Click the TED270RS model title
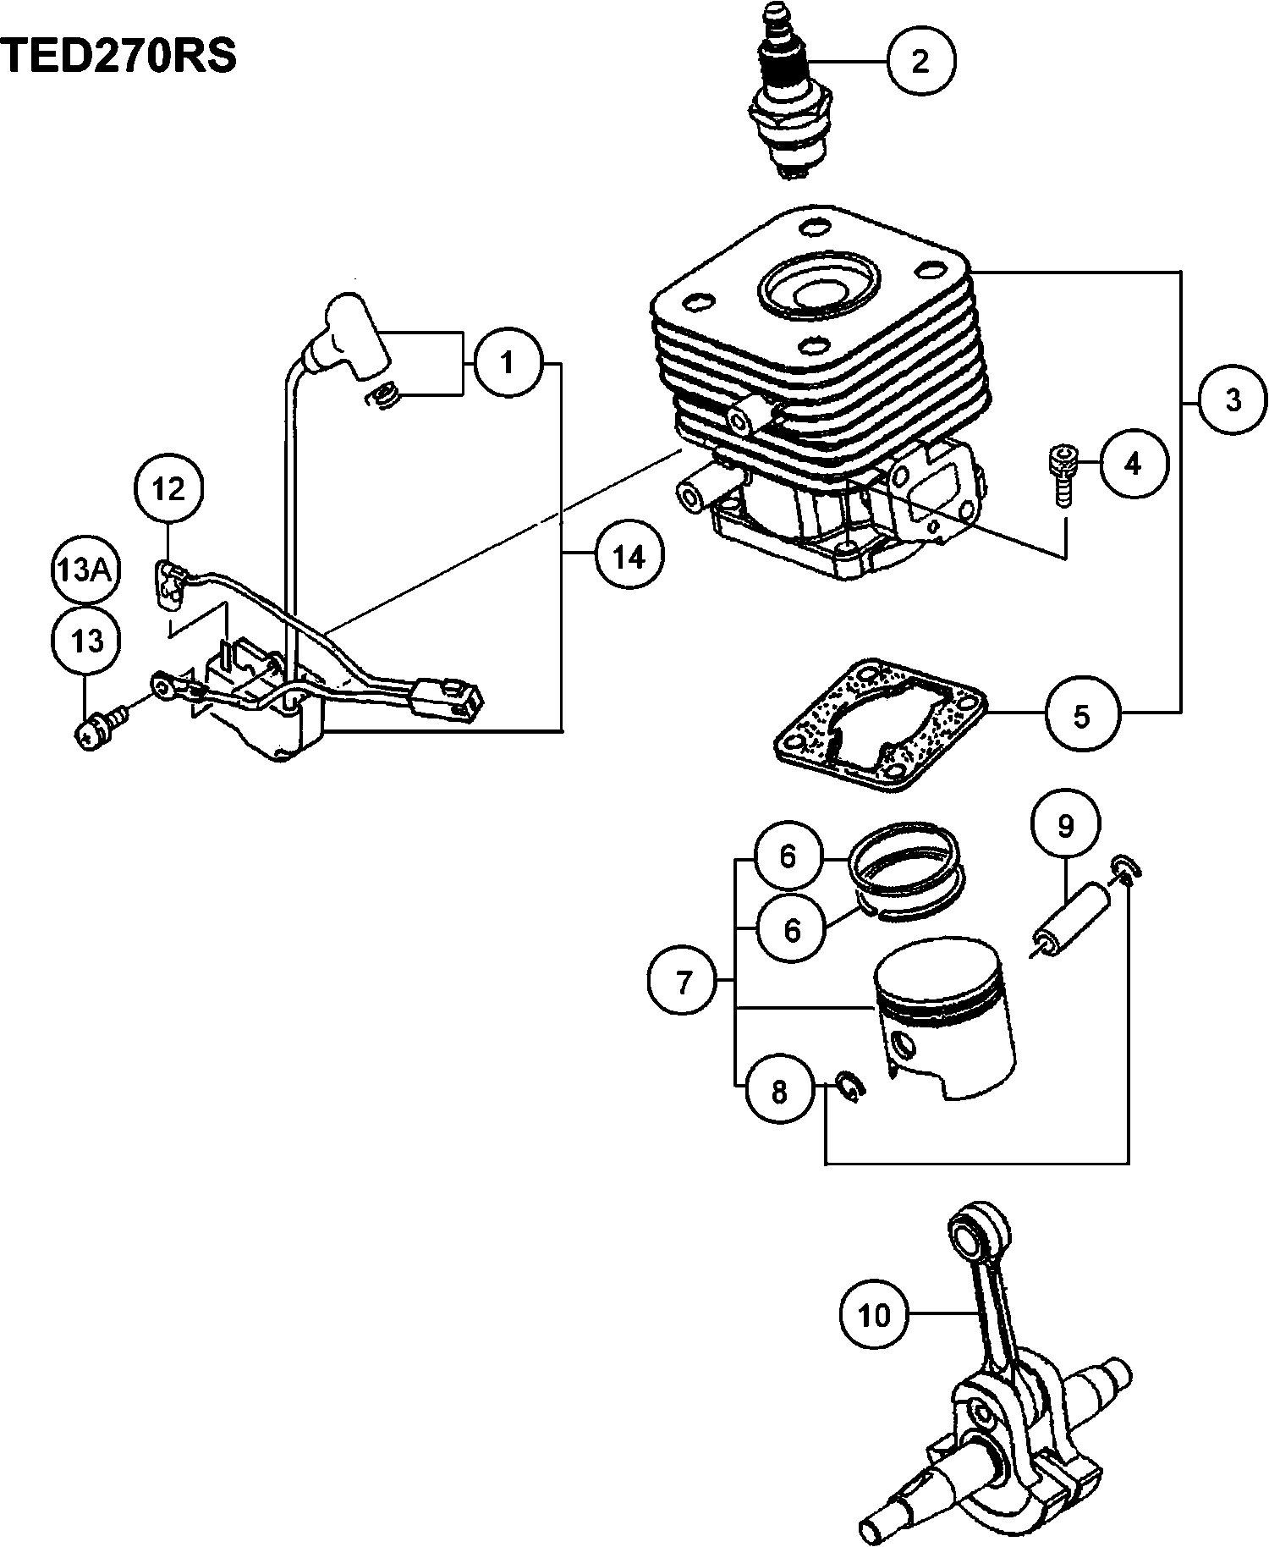[118, 58]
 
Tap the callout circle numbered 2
[920, 61]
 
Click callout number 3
[1233, 399]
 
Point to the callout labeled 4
[1133, 463]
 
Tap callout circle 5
[1081, 716]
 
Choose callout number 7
[684, 982]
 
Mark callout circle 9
[1065, 825]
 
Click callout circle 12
[168, 489]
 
